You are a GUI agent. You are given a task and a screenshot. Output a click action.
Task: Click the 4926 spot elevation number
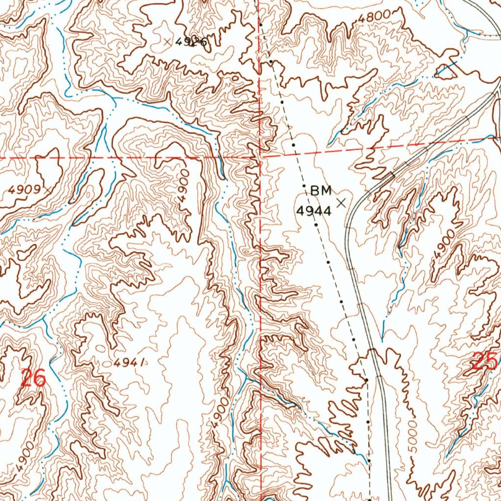191,43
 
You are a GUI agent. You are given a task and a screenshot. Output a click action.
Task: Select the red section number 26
33,378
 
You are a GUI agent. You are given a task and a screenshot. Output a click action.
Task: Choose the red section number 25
485,362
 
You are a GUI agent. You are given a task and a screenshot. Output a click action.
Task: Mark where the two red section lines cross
260,157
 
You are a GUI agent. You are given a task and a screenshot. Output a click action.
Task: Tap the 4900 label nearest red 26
25,455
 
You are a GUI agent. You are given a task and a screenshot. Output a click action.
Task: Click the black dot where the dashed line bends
366,380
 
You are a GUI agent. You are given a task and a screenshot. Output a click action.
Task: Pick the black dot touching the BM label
304,186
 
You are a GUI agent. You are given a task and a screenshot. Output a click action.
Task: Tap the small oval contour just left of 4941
100,348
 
